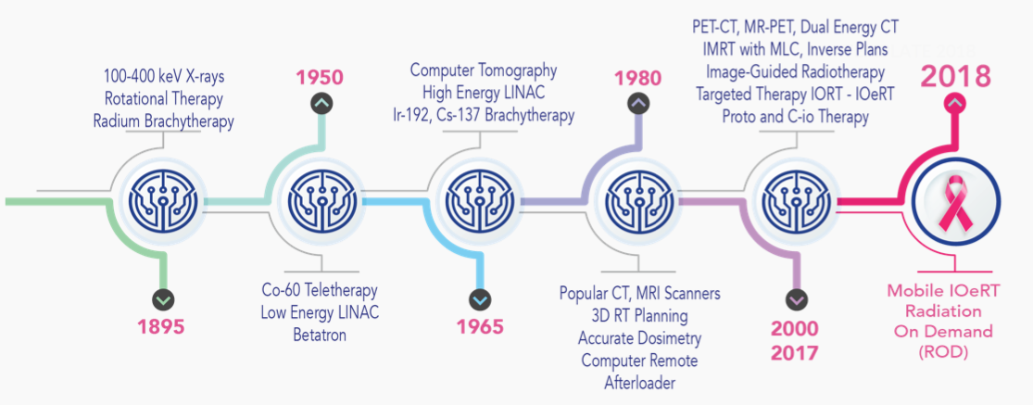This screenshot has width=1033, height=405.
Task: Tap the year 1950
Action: [320, 78]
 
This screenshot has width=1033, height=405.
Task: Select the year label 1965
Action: [479, 326]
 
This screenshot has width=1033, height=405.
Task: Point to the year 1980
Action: [637, 79]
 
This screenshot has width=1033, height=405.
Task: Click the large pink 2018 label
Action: [955, 76]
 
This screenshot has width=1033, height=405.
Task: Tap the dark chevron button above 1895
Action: [163, 299]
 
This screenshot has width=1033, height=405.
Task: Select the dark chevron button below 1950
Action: [321, 103]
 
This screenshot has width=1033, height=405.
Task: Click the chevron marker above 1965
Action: [480, 299]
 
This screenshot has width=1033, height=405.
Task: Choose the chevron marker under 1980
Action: [637, 104]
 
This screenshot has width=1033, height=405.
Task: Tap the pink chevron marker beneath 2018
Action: [955, 102]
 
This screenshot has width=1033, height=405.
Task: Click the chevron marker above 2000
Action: [796, 299]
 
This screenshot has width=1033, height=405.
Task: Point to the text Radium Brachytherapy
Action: [164, 120]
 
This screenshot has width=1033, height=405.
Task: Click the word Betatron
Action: [321, 335]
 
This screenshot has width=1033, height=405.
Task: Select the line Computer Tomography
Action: [484, 70]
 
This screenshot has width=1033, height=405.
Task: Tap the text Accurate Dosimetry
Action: [639, 338]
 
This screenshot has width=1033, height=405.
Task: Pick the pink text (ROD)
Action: [943, 352]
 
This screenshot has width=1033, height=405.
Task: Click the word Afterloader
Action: [639, 383]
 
